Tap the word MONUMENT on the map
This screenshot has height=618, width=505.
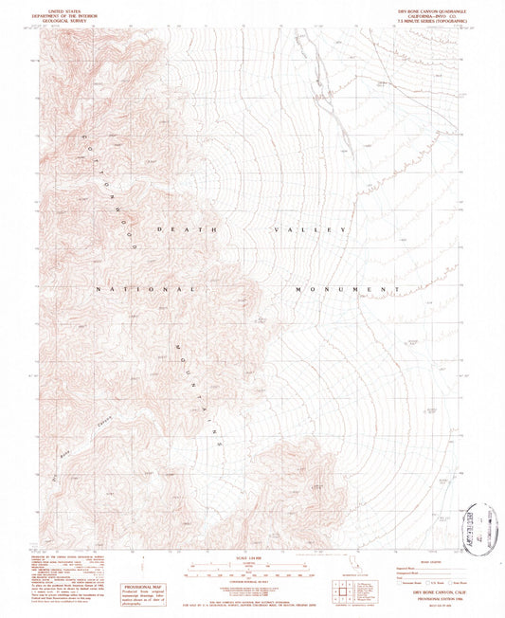click(x=345, y=288)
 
